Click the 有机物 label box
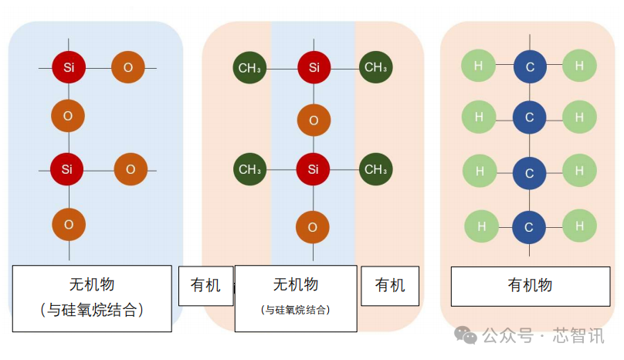[x=530, y=286]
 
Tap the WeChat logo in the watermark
[x=465, y=335]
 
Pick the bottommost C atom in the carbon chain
[x=530, y=227]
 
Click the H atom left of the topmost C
[x=479, y=66]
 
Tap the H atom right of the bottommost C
[x=579, y=226]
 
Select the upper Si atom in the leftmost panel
[x=68, y=67]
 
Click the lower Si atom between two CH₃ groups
[x=314, y=169]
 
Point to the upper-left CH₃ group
[x=249, y=67]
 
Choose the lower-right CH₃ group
[x=376, y=169]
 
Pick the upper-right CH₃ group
[x=376, y=67]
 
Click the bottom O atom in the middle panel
[x=313, y=227]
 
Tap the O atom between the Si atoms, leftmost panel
[x=68, y=116]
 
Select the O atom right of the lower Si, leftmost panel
[x=131, y=169]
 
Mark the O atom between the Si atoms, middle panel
[x=314, y=120]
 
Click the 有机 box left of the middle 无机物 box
[x=205, y=286]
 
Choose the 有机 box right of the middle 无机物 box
[x=390, y=286]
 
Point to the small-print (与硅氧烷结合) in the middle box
[x=296, y=311]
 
